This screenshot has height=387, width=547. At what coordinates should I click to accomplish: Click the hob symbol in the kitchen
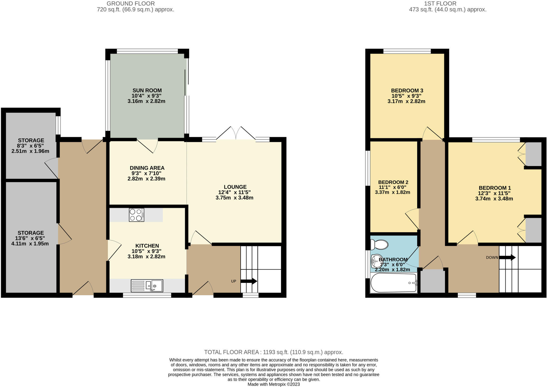(x=136, y=215)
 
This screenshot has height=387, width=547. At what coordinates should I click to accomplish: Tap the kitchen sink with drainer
(x=147, y=286)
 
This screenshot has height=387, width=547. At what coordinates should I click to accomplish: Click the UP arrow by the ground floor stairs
(x=248, y=281)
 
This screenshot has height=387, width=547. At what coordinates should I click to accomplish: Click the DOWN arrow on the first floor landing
(x=507, y=258)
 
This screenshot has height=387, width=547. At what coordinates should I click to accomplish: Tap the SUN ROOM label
(x=147, y=90)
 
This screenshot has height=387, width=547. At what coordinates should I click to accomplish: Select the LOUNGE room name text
(x=235, y=187)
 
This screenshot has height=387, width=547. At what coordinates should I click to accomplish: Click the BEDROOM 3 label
(x=407, y=90)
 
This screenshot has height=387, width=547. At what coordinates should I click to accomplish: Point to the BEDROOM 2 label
(x=393, y=182)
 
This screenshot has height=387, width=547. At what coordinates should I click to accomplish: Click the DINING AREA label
(x=147, y=168)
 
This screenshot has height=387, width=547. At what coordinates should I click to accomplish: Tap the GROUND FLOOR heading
(x=131, y=3)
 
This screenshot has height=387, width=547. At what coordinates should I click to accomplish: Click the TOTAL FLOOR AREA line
(x=273, y=352)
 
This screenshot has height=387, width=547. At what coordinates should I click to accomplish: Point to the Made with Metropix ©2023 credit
(x=273, y=384)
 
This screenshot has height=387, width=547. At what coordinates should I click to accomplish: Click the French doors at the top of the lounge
(x=236, y=133)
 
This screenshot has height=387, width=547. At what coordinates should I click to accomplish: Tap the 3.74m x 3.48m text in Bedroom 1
(x=494, y=199)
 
